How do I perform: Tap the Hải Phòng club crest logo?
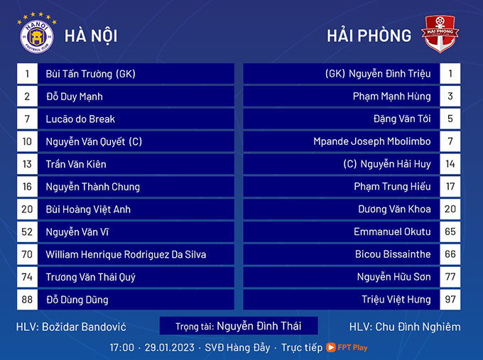pyautogui.click(x=440, y=34)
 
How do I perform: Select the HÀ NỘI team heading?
pyautogui.click(x=91, y=36)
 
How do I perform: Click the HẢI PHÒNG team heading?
pyautogui.click(x=369, y=36)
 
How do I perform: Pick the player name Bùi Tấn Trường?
pyautogui.click(x=79, y=74)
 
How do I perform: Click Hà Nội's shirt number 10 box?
pyautogui.click(x=27, y=141)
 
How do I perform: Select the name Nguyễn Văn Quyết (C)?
pyautogui.click(x=94, y=142)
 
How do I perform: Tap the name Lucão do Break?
pyautogui.click(x=80, y=119)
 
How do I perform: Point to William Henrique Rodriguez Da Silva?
pyautogui.click(x=126, y=254)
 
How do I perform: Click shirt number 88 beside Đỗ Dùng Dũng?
pyautogui.click(x=27, y=300)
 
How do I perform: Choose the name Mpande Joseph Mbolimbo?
pyautogui.click(x=371, y=141)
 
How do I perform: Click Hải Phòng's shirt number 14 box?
pyautogui.click(x=450, y=164)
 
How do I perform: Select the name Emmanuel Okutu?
pyautogui.click(x=392, y=231)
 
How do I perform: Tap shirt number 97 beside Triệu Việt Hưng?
pyautogui.click(x=450, y=300)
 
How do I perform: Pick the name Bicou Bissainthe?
pyautogui.click(x=393, y=254)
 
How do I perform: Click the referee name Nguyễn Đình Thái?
pyautogui.click(x=259, y=326)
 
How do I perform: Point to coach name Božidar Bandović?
pyautogui.click(x=84, y=327)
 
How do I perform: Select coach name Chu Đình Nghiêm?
pyautogui.click(x=418, y=327)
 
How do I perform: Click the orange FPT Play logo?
pyautogui.click(x=347, y=347)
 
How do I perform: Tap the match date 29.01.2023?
pyautogui.click(x=170, y=347)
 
